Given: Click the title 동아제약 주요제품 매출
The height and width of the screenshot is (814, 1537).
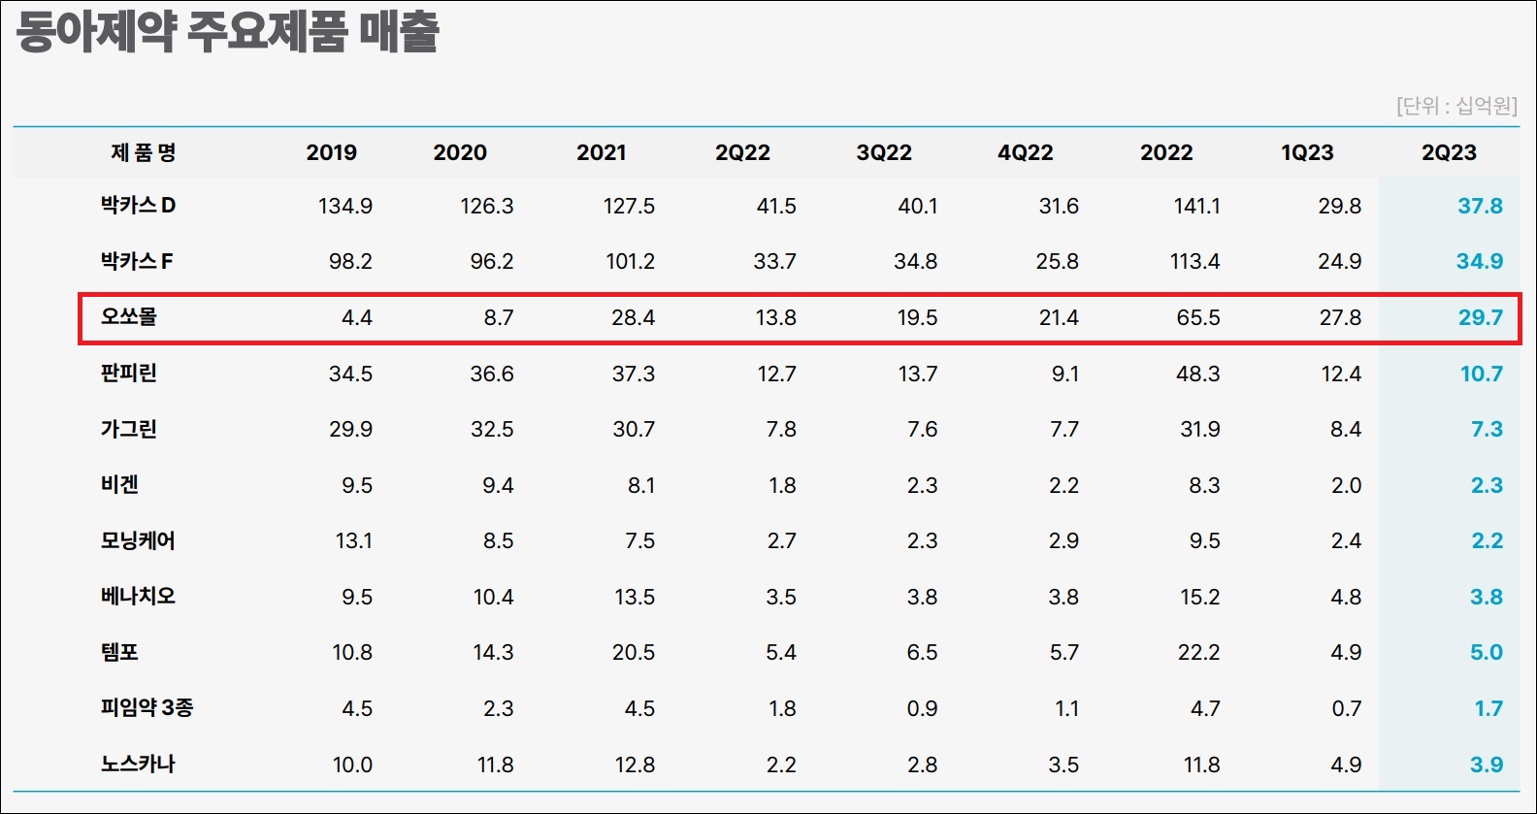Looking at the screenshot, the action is pyautogui.click(x=227, y=32).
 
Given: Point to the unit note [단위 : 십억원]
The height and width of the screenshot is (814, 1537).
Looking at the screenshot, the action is pyautogui.click(x=1456, y=106).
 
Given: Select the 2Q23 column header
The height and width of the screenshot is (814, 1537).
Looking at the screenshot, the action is pyautogui.click(x=1449, y=152).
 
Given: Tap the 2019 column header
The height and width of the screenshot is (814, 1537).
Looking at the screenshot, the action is pyautogui.click(x=332, y=152).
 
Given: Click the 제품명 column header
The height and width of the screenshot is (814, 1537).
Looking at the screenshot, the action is pyautogui.click(x=144, y=151).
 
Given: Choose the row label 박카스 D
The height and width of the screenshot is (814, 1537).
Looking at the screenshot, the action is pyautogui.click(x=138, y=205).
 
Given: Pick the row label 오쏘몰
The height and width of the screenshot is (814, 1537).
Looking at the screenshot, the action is pyautogui.click(x=129, y=316).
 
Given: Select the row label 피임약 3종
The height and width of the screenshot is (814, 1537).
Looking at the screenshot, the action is pyautogui.click(x=147, y=707).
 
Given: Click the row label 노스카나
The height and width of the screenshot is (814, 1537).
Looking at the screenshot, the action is pyautogui.click(x=138, y=764).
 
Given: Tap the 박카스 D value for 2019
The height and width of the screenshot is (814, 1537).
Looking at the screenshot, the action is pyautogui.click(x=345, y=206).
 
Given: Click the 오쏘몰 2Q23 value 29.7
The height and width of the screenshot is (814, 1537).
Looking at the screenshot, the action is pyautogui.click(x=1481, y=318).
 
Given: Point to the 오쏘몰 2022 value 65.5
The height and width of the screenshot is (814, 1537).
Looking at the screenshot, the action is pyautogui.click(x=1198, y=318).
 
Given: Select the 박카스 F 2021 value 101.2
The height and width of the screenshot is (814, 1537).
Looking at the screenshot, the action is pyautogui.click(x=630, y=262).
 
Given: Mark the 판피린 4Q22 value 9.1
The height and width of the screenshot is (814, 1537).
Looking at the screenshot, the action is pyautogui.click(x=1064, y=374).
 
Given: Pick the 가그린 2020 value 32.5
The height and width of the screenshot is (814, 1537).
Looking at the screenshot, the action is pyautogui.click(x=492, y=430).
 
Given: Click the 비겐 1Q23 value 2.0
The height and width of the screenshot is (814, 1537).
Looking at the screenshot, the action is pyautogui.click(x=1346, y=486).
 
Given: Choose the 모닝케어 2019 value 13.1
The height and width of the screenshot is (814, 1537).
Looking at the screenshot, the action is pyautogui.click(x=353, y=541).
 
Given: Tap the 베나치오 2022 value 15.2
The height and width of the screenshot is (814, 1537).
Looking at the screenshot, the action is pyautogui.click(x=1200, y=597).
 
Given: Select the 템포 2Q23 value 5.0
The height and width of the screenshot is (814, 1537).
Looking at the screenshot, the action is pyautogui.click(x=1487, y=653).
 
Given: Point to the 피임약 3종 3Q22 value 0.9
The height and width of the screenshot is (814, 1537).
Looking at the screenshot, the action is pyautogui.click(x=922, y=709).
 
